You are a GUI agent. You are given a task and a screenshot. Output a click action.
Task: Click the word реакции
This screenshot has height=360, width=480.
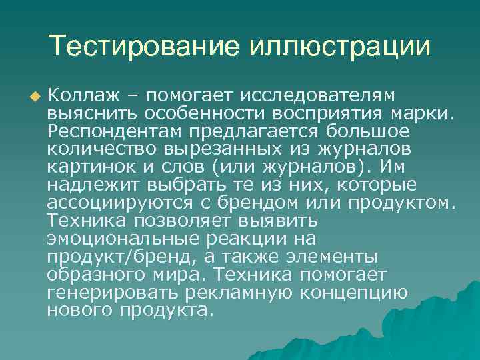pos(265,239)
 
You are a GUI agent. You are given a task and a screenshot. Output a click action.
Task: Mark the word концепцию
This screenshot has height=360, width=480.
pos(360,293)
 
